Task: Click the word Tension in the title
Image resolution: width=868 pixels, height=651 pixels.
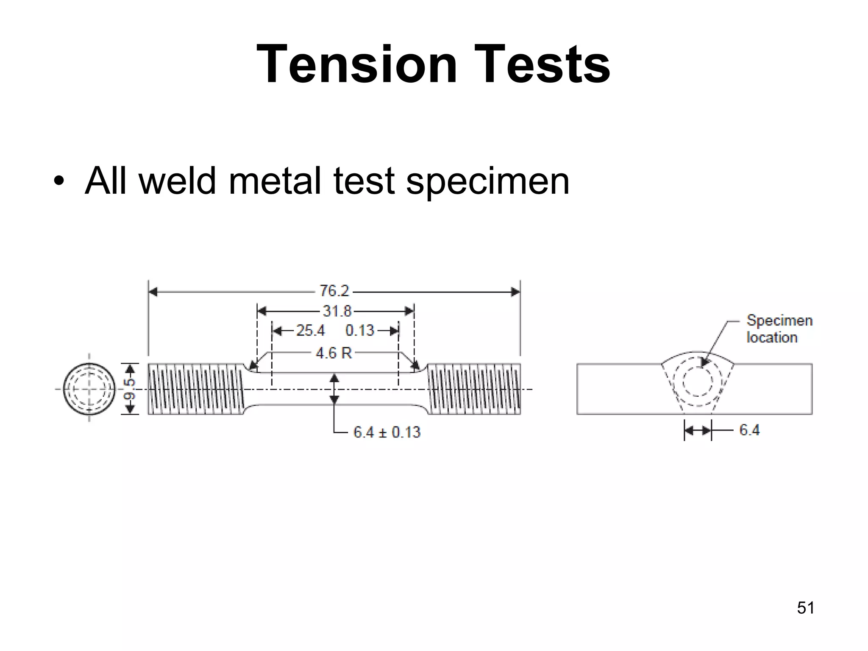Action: click(x=356, y=64)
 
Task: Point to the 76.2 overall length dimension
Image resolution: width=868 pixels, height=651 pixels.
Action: click(x=334, y=291)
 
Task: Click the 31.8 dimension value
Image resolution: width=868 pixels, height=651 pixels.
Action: click(x=337, y=312)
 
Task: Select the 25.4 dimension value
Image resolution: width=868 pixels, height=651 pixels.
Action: click(x=311, y=331)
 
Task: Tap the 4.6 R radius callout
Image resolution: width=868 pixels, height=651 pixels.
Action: click(x=334, y=353)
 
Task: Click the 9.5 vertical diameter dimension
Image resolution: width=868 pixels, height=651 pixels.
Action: click(x=131, y=389)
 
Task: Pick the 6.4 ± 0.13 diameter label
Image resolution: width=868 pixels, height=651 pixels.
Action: click(x=387, y=432)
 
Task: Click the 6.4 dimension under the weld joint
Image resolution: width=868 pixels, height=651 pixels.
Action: click(x=749, y=430)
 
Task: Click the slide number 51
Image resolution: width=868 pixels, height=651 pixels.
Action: click(x=805, y=608)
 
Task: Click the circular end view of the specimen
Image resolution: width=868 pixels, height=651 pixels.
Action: click(x=89, y=389)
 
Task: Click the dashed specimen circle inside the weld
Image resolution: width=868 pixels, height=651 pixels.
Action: click(x=698, y=379)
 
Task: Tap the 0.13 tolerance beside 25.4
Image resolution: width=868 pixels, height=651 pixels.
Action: click(x=359, y=331)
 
